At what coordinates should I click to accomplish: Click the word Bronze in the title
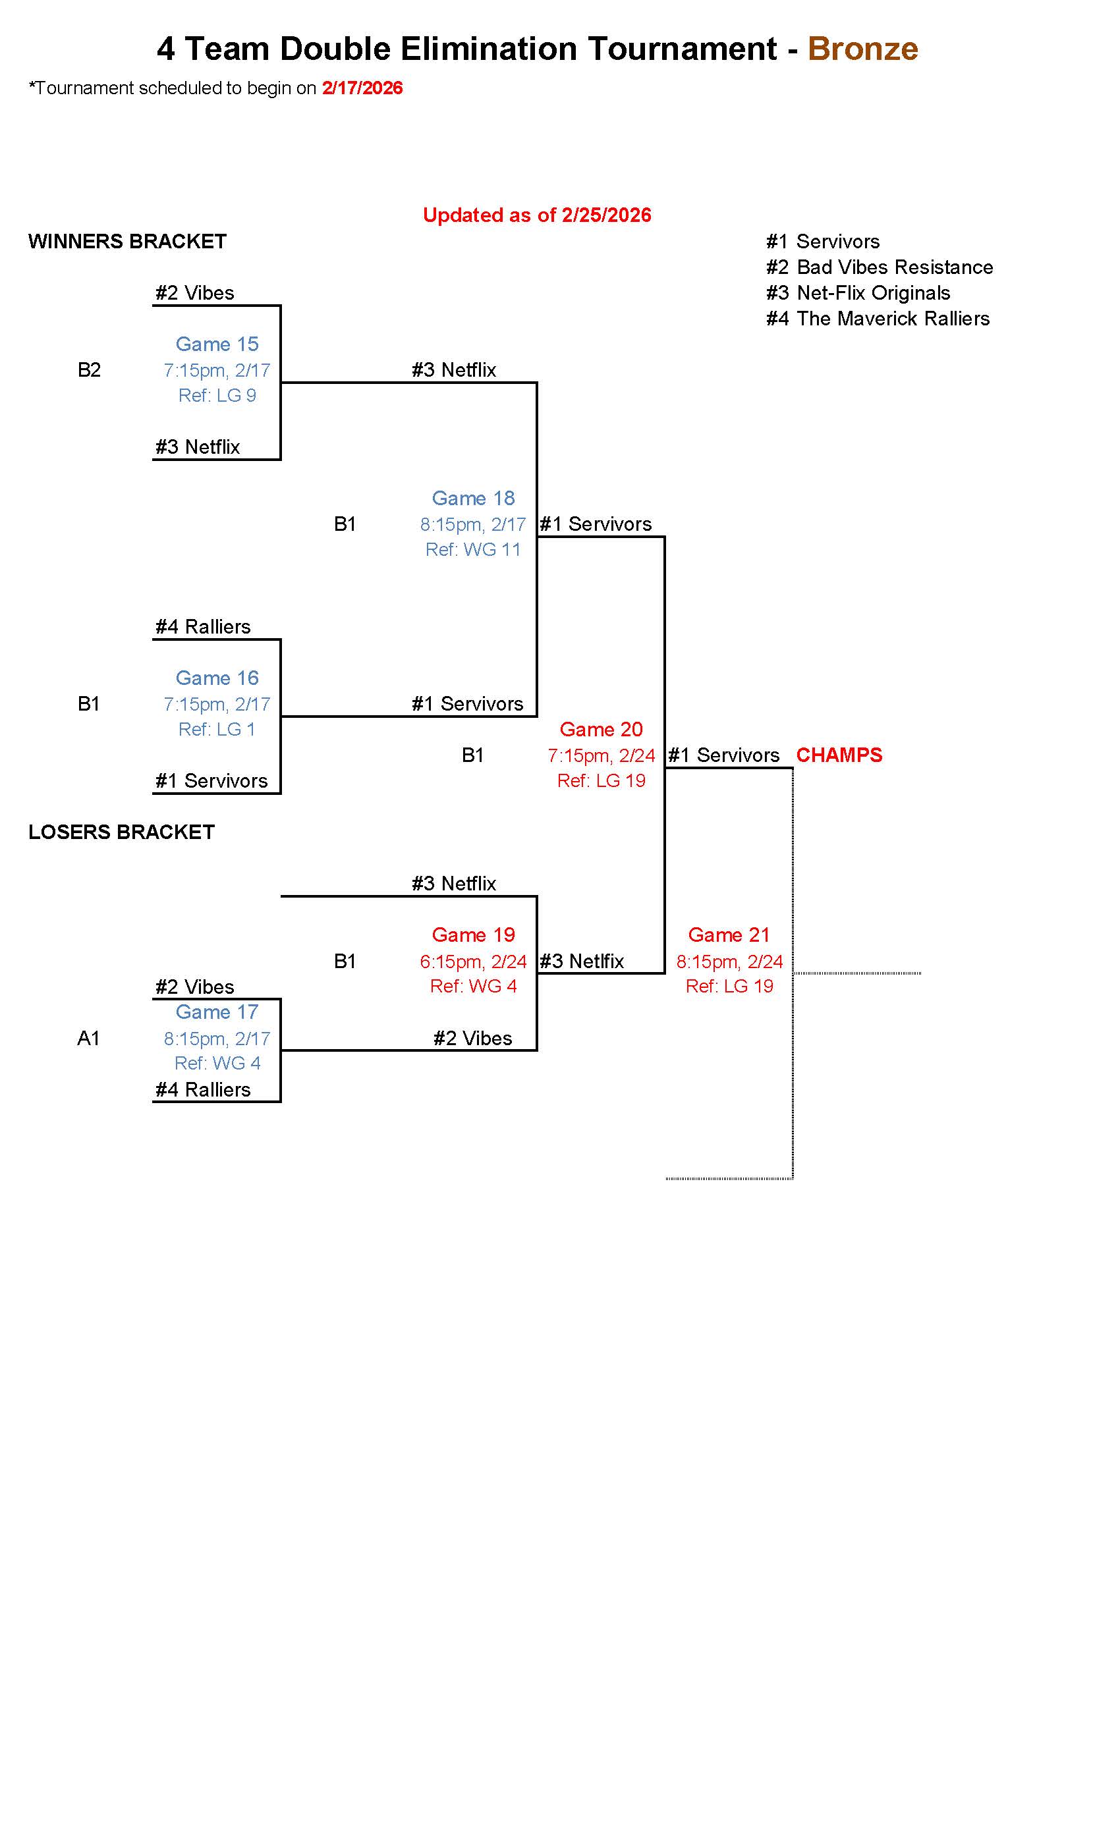coord(862,49)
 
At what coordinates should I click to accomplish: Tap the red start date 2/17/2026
coord(362,88)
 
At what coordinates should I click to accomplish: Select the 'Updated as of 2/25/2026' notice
coord(537,215)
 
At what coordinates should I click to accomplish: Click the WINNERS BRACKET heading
coord(127,242)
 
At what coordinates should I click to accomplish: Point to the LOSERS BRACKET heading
coord(121,832)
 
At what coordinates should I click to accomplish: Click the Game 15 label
coord(217,344)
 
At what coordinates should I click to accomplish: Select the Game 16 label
coord(217,678)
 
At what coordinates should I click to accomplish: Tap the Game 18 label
coord(473,499)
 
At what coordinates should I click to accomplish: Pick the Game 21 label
coord(729,935)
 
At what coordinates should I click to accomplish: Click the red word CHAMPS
coord(839,755)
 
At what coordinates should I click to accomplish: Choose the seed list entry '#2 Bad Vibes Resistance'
coord(879,267)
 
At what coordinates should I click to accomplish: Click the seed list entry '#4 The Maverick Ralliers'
coord(878,319)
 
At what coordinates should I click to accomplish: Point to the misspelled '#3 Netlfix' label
coord(582,961)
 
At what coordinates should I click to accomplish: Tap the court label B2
coord(89,369)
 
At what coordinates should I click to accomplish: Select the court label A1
coord(88,1038)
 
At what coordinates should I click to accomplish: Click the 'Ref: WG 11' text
coord(473,549)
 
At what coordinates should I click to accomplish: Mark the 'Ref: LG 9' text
coord(217,395)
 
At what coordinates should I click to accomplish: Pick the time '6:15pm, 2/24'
coord(473,961)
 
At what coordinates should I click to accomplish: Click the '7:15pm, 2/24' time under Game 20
coord(601,756)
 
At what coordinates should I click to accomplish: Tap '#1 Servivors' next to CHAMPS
coord(723,755)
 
